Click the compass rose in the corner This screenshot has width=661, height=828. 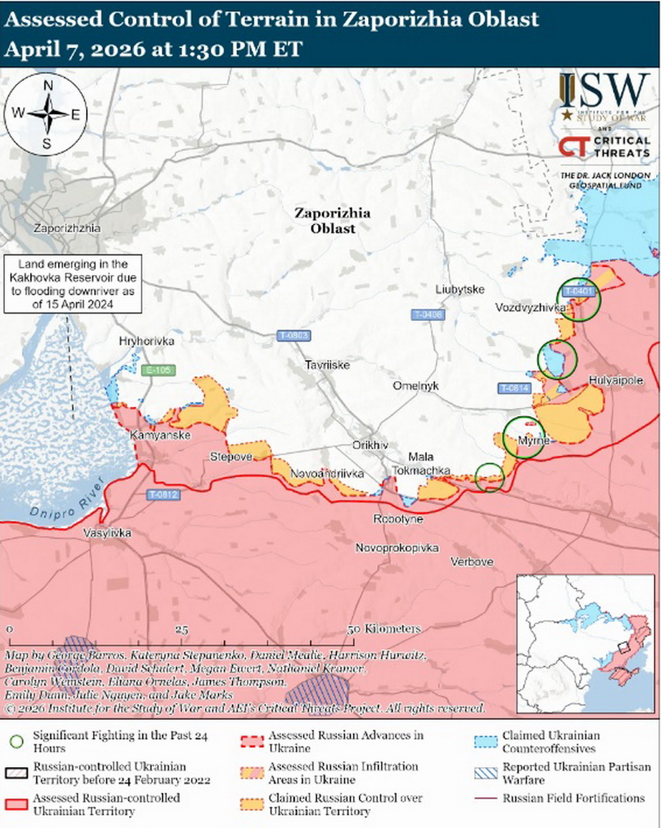[x=48, y=114]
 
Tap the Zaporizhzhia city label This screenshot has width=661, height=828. [x=67, y=228]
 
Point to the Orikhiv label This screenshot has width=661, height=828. [x=370, y=445]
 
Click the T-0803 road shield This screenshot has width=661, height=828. [x=294, y=335]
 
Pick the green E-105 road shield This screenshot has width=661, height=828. [x=158, y=370]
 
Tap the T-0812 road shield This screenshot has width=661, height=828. [x=164, y=494]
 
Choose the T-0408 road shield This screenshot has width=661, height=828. [x=428, y=314]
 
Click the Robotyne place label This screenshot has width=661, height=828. [x=398, y=519]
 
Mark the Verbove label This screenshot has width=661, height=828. [x=472, y=562]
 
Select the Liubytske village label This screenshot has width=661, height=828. [x=460, y=289]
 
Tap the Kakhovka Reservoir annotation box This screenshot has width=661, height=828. [x=70, y=284]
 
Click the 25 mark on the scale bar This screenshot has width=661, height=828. [x=181, y=629]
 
